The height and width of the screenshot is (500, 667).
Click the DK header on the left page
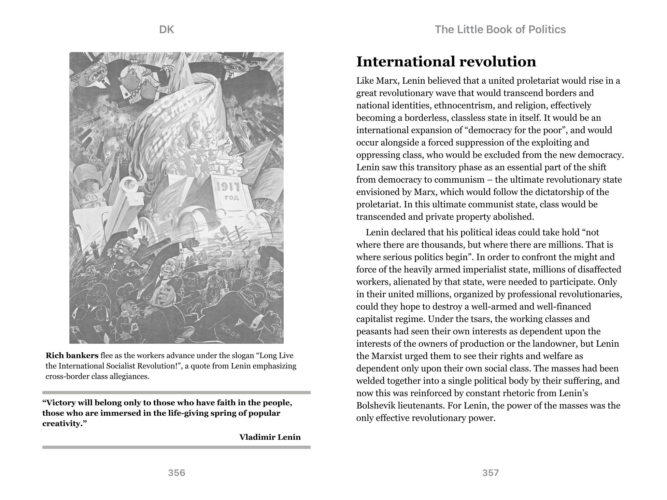tap(166, 30)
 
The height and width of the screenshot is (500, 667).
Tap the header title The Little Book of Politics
tap(500, 30)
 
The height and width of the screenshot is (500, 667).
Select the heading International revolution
tap(446, 62)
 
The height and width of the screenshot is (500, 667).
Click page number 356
tap(177, 473)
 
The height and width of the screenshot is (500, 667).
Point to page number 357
tap(490, 473)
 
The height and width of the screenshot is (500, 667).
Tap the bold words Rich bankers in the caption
tap(72, 355)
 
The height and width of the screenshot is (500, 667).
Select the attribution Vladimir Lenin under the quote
tap(270, 437)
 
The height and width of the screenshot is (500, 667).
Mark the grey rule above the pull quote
tap(176, 393)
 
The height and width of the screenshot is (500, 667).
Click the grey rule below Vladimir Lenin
tap(176, 447)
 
